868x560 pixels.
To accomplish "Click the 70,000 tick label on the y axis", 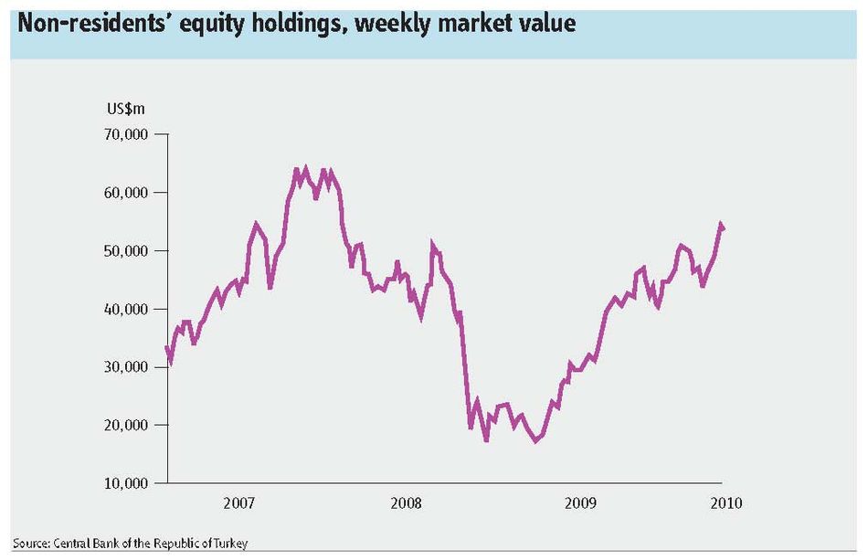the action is click(x=126, y=134).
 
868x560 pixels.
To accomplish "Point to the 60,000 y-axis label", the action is click(x=126, y=193).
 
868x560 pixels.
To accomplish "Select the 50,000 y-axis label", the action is click(x=126, y=250).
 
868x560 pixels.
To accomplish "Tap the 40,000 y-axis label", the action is click(x=126, y=309).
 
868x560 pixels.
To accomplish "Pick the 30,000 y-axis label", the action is click(x=126, y=367).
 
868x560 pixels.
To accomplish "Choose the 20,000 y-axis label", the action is click(x=126, y=425).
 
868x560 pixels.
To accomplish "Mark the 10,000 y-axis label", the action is click(x=126, y=483).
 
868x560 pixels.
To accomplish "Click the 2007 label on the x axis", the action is click(x=239, y=503).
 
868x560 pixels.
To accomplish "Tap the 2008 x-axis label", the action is click(x=406, y=503).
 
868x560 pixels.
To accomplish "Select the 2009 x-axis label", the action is click(x=580, y=503).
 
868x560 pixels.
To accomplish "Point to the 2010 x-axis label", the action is click(x=725, y=503).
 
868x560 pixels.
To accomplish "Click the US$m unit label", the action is click(x=126, y=109).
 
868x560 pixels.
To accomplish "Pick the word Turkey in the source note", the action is click(x=231, y=544).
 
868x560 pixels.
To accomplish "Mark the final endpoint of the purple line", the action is click(x=723, y=228).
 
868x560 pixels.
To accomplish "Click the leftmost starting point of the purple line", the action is click(x=166, y=347).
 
